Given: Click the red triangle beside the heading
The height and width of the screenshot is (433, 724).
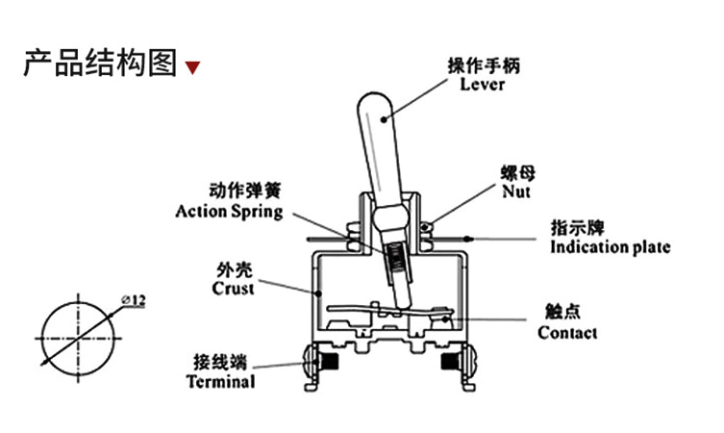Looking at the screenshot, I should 193,68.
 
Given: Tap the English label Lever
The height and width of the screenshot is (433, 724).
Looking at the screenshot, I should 482,84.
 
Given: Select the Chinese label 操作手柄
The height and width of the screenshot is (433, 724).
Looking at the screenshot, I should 483,66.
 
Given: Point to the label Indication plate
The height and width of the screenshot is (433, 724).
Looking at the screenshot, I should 610,247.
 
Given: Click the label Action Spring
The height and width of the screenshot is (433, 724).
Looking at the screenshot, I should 229,211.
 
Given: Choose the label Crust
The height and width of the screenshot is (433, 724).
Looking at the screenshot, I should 234,288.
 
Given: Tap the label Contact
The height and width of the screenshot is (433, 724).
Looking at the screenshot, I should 566,333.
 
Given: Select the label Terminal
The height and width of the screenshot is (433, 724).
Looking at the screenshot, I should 220,381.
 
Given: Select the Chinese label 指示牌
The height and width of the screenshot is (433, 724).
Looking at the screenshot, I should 577,229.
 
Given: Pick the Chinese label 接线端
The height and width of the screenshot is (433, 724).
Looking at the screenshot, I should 220,362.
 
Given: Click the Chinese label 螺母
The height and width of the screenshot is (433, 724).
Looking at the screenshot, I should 516,173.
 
